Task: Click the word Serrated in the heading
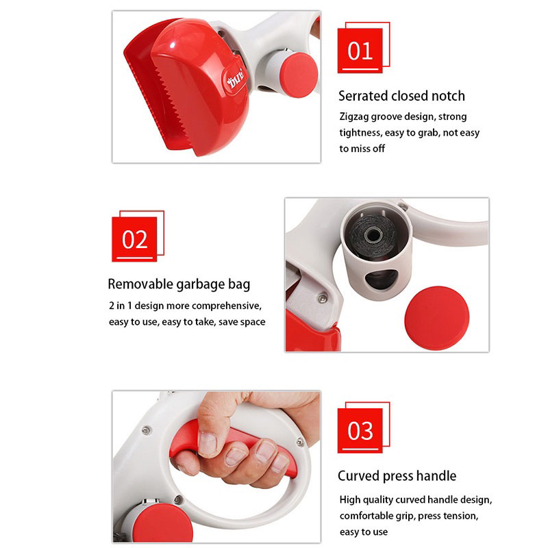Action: point(363,96)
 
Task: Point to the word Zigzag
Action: point(353,117)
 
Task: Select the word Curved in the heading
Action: point(358,475)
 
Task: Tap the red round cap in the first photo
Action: point(299,75)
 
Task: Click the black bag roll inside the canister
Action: point(372,236)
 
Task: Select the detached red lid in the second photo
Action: point(437,318)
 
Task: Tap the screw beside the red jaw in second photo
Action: point(323,298)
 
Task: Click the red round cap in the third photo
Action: point(162,523)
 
